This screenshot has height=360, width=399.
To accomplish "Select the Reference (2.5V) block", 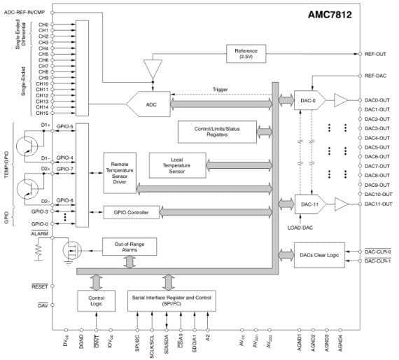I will click(x=246, y=53).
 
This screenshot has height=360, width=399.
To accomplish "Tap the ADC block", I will click(x=151, y=104).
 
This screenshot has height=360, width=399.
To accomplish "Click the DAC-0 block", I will click(x=305, y=101).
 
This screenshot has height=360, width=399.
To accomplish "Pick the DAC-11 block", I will click(x=305, y=204).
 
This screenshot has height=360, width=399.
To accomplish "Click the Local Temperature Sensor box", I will click(x=176, y=165).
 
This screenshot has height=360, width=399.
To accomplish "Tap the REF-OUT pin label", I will click(x=377, y=53).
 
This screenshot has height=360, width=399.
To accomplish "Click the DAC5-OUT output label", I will click(x=378, y=147).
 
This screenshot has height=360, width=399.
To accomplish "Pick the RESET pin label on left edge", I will click(x=38, y=286).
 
